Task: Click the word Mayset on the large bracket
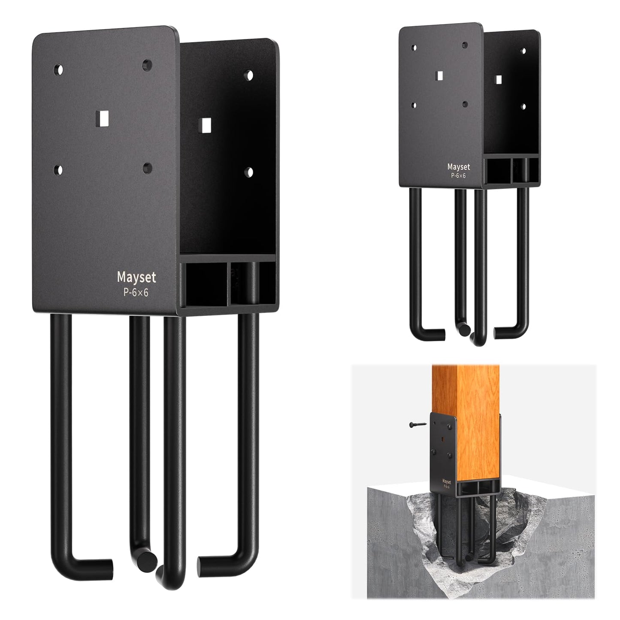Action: [136, 277]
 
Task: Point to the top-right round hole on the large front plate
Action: [148, 65]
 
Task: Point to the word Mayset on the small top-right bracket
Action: [459, 166]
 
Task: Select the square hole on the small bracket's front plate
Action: [439, 76]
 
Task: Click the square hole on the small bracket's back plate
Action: [498, 79]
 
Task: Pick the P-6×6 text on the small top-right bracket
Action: [459, 175]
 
